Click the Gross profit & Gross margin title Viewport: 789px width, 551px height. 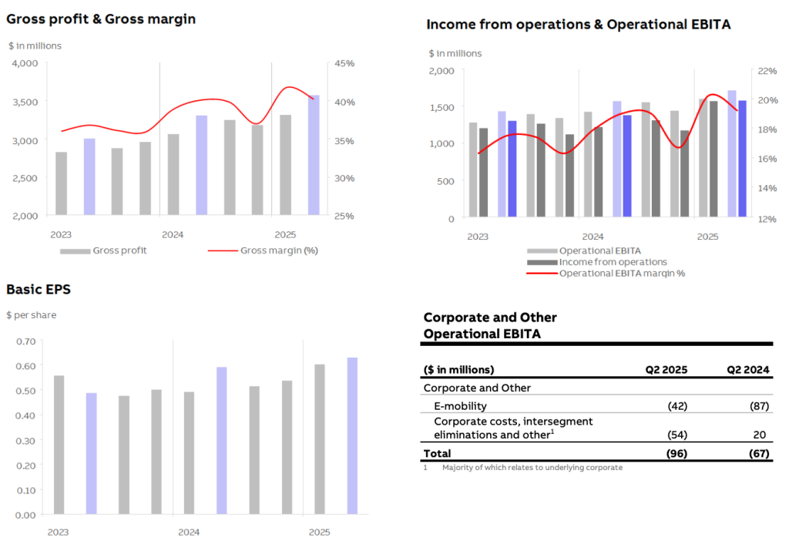[x=101, y=18]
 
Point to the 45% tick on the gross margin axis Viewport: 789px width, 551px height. [x=344, y=63]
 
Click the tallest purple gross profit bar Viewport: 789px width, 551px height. [x=314, y=154]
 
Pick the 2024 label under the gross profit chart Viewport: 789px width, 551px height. [x=173, y=234]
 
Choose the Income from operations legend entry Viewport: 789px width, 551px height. [x=613, y=262]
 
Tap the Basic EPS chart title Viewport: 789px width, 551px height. [x=38, y=290]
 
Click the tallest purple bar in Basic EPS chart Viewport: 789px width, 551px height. [x=352, y=435]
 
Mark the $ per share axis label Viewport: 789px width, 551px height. [x=31, y=315]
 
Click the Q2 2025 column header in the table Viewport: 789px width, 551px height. [x=666, y=369]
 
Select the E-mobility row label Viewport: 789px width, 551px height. [x=460, y=405]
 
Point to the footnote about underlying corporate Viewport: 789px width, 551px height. [x=532, y=468]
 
